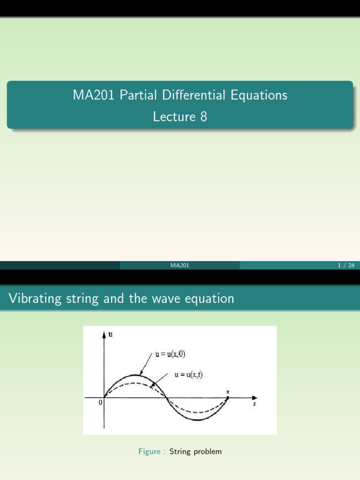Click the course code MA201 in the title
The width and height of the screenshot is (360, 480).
tap(94, 95)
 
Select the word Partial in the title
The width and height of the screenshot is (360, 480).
tap(135, 95)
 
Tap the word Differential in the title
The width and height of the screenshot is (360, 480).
tap(193, 95)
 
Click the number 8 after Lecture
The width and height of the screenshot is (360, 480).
tap(203, 116)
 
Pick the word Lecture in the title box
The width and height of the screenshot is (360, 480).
tap(173, 116)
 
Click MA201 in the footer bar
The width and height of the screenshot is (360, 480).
tap(180, 266)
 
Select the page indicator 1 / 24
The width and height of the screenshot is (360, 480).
tap(346, 266)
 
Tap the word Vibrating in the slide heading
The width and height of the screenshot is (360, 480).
tap(35, 299)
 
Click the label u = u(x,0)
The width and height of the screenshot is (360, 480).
tap(170, 354)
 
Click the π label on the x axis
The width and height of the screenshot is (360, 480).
tap(228, 392)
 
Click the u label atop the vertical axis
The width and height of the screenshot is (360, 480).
tap(111, 334)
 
